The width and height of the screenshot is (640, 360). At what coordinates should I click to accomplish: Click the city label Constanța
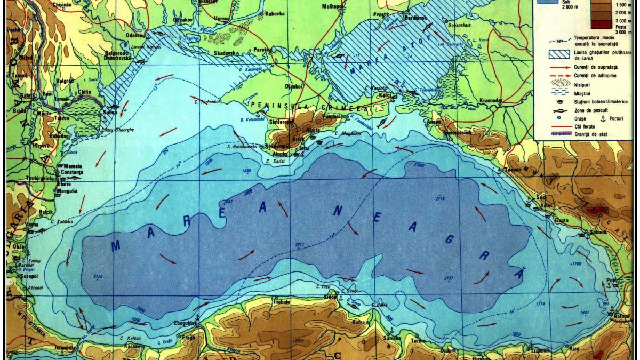pos(73,173)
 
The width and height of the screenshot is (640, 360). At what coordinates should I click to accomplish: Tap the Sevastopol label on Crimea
pos(285,145)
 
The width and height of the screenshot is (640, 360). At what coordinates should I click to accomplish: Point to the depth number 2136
pos(98,277)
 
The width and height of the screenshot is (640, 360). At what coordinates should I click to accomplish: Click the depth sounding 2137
pos(449,278)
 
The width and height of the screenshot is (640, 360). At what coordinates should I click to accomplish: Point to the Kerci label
pos(385,95)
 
